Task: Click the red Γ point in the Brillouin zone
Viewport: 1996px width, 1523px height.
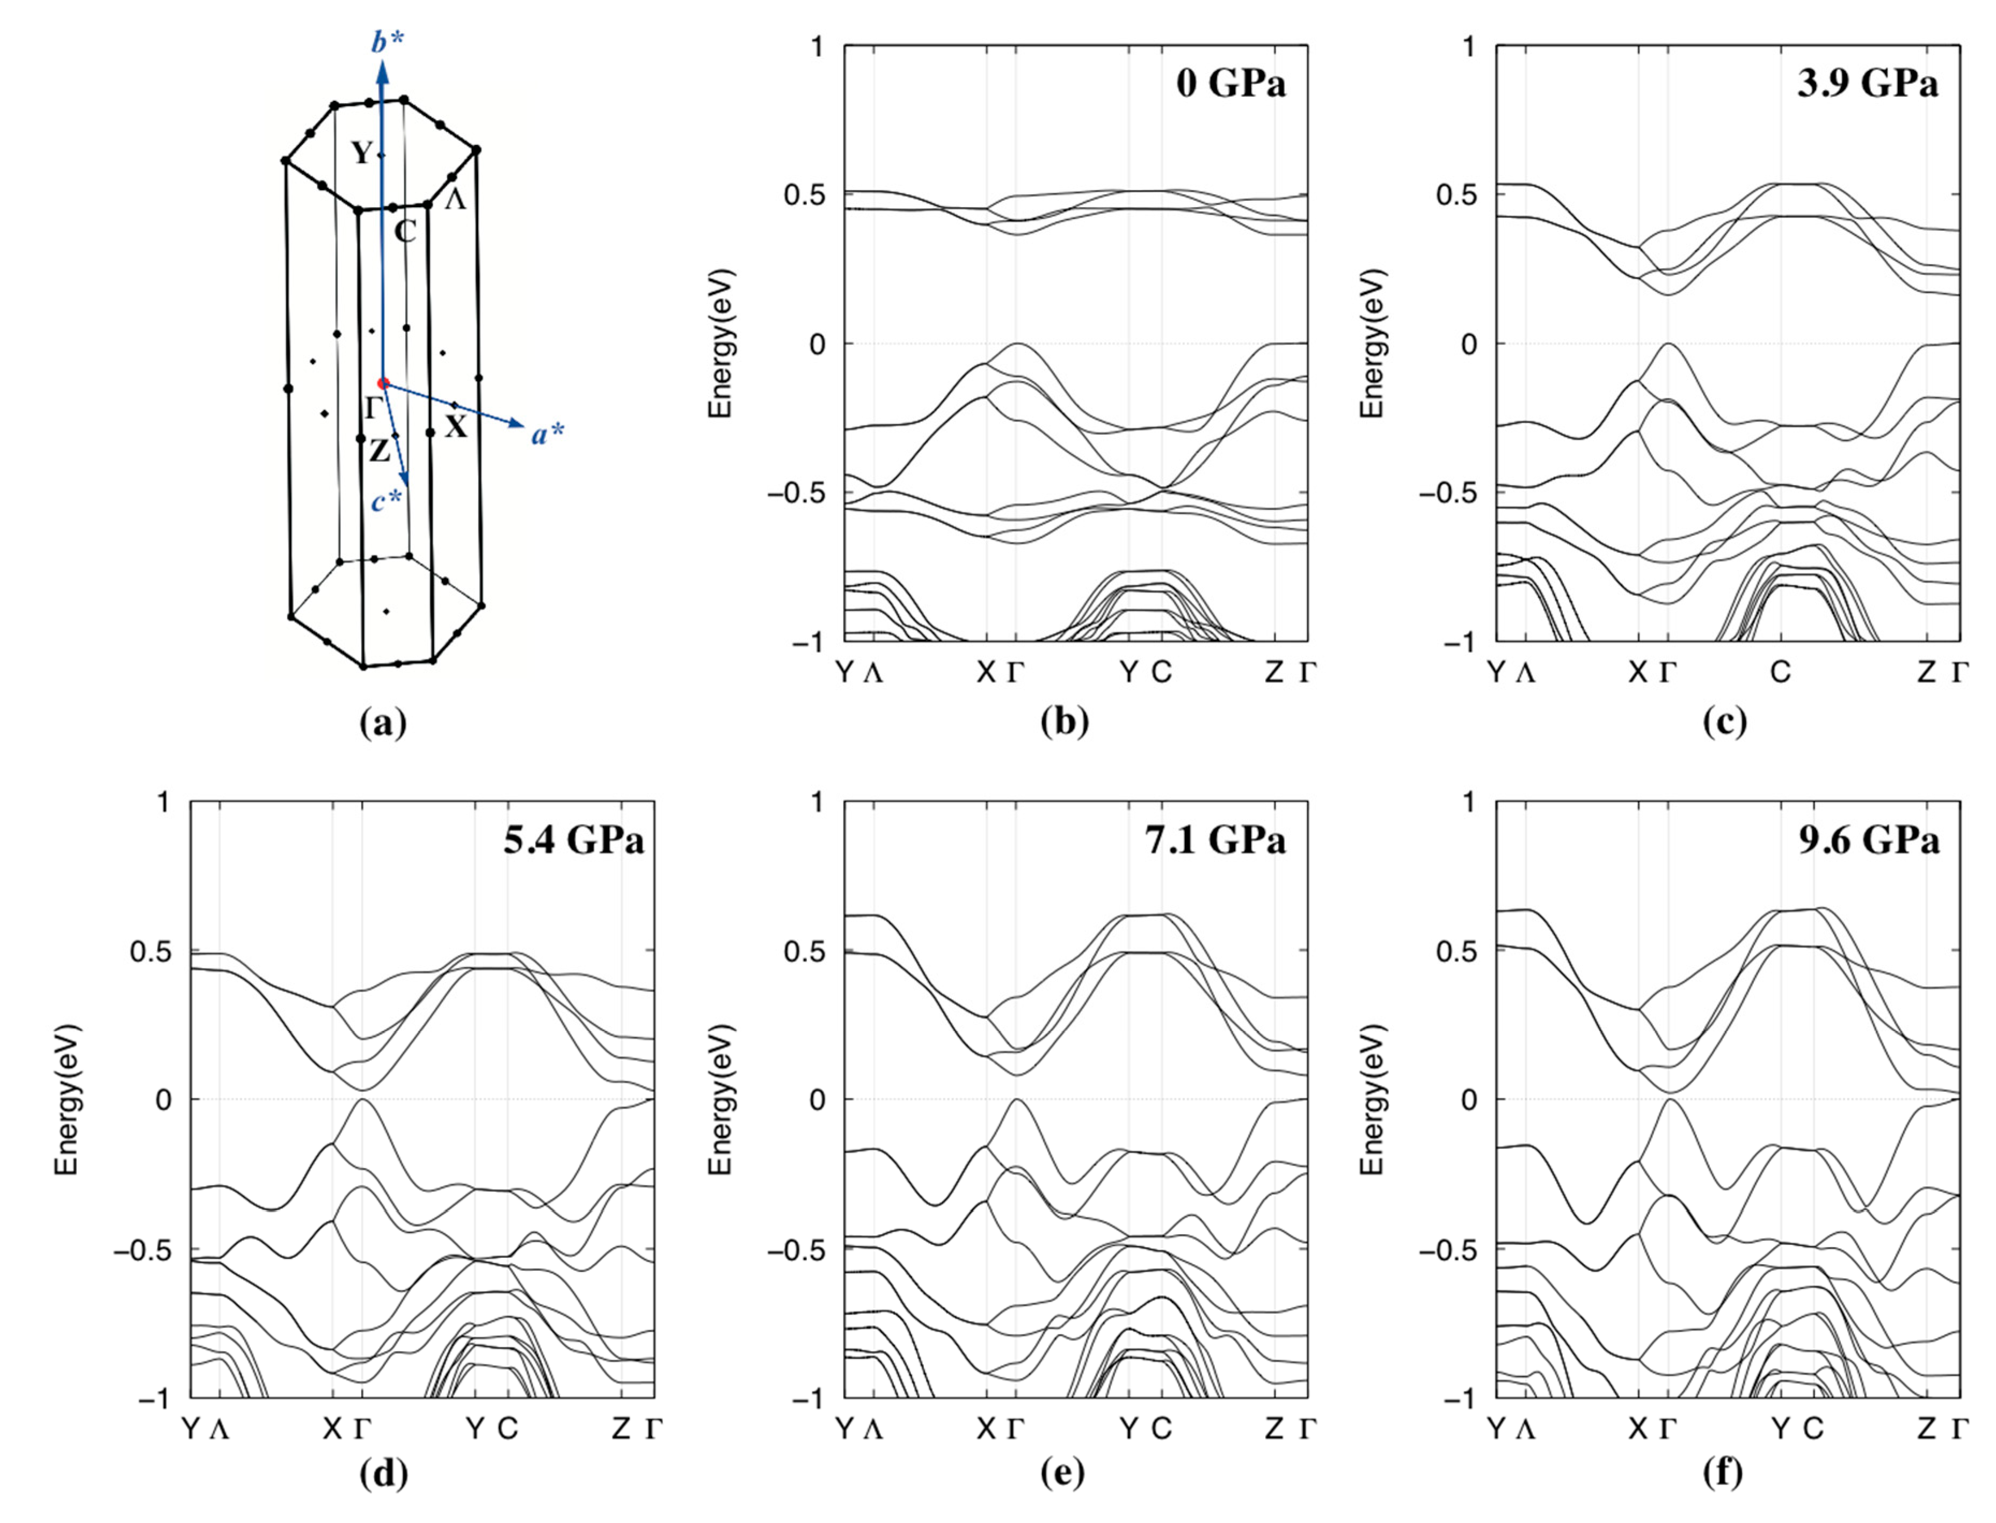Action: coord(383,383)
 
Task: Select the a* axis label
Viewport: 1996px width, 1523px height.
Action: coord(548,434)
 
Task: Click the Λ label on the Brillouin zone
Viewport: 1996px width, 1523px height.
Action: coord(455,200)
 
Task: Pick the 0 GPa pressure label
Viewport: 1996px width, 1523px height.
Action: coord(1230,84)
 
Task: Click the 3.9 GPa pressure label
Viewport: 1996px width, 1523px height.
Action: coord(1867,84)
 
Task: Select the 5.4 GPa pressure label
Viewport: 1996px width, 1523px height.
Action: coord(574,840)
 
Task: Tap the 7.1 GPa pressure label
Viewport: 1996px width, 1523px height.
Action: coord(1215,840)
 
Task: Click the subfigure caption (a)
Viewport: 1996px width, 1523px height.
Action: coord(383,723)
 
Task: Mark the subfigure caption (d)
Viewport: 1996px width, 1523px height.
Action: coord(383,1475)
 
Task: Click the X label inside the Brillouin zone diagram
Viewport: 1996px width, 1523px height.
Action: coord(455,427)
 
